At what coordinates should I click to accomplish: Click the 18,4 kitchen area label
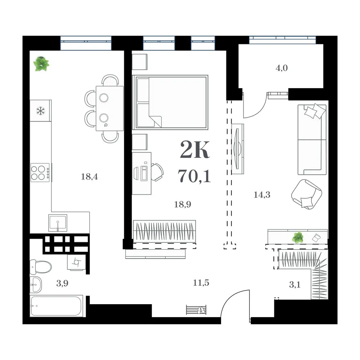89,176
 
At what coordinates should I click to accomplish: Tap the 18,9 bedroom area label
183,204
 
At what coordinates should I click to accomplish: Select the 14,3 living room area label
262,195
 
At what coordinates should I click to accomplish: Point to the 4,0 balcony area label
282,68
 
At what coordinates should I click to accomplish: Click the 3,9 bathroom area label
62,283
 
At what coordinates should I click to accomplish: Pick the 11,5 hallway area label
201,283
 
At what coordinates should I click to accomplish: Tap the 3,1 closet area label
294,285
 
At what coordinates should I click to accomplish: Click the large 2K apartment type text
195,150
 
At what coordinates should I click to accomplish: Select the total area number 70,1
194,176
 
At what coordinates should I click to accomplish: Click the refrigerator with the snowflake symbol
41,111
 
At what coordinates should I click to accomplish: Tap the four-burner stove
40,173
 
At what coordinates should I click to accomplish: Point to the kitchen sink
58,223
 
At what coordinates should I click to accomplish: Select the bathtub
57,306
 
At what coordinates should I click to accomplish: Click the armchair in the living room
306,194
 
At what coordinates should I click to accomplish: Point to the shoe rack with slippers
196,310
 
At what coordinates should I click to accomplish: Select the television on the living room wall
237,149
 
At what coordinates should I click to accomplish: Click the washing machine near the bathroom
76,262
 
